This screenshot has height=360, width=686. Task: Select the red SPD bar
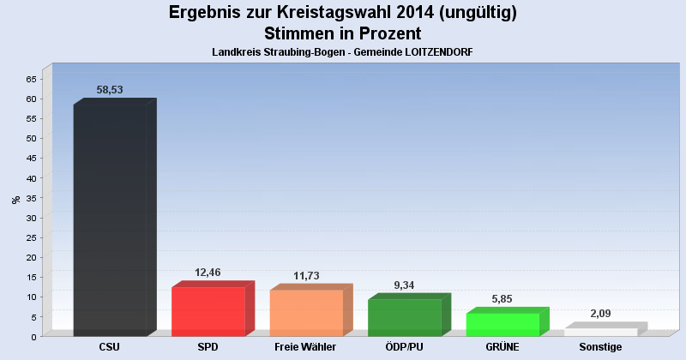208,311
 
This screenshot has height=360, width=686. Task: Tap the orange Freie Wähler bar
306,313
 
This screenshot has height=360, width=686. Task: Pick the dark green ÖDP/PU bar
404,317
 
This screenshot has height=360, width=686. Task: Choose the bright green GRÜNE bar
502,324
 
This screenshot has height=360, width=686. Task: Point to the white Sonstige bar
600,332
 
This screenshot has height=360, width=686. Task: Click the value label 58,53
110,89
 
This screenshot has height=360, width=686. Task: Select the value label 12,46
208,272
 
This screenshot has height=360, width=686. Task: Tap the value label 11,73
306,275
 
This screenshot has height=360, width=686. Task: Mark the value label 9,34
404,285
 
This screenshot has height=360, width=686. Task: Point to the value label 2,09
600,313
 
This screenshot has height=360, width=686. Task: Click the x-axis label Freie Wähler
305,347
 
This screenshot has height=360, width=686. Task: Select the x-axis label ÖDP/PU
404,347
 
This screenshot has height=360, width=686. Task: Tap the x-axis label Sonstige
600,347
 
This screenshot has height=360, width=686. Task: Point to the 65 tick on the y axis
31,79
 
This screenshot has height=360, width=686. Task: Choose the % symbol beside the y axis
15,200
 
